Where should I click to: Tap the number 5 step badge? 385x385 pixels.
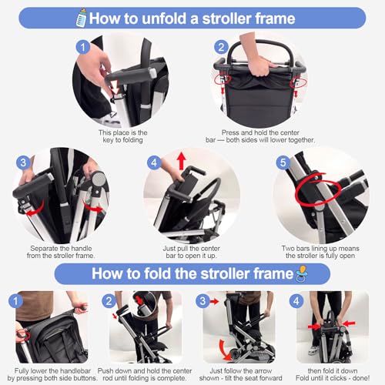click(283, 165)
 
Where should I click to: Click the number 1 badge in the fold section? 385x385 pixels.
click(12, 300)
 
